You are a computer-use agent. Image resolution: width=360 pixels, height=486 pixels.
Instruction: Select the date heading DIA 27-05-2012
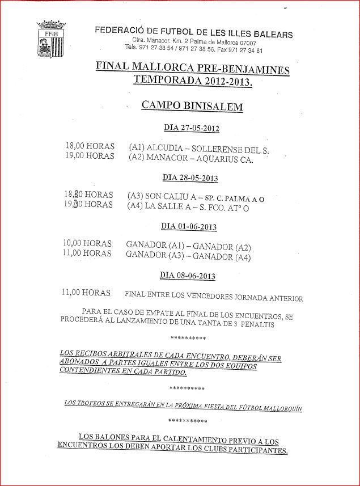(x=191, y=129)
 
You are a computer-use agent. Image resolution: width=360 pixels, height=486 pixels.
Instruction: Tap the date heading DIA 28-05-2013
(x=190, y=178)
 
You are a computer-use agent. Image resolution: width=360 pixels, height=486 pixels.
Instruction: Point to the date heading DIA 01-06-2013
(x=189, y=226)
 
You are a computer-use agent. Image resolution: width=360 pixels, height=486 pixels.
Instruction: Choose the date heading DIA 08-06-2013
(x=188, y=276)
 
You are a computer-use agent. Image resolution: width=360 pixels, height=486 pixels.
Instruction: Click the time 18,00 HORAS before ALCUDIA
(x=90, y=146)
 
